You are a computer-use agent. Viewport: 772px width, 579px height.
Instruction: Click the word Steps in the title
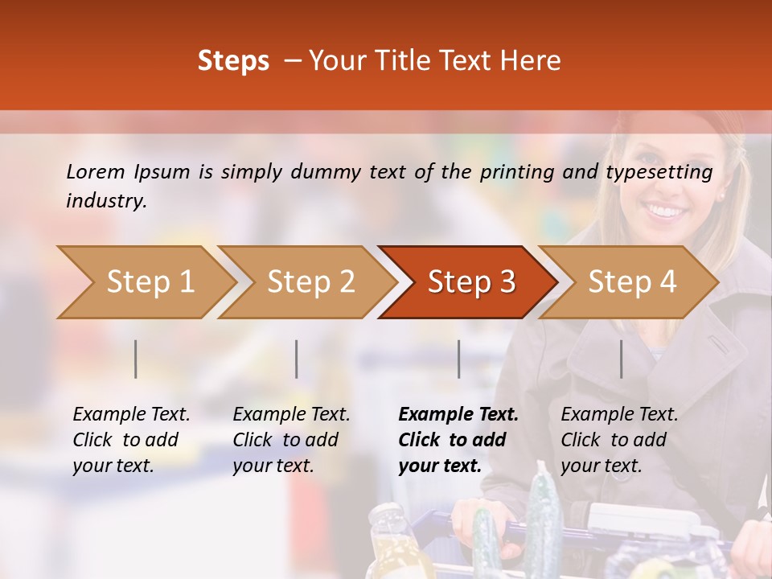pyautogui.click(x=233, y=61)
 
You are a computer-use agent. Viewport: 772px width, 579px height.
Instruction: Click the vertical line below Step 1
pyautogui.click(x=136, y=359)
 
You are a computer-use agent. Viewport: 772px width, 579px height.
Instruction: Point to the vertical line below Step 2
pyautogui.click(x=297, y=359)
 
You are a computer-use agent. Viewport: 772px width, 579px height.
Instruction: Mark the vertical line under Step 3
pyautogui.click(x=458, y=359)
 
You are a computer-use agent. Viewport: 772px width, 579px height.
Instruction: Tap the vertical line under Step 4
pyautogui.click(x=621, y=359)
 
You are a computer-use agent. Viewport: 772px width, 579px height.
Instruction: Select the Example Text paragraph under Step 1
pyautogui.click(x=131, y=440)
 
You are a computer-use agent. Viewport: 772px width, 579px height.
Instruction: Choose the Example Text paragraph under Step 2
pyautogui.click(x=291, y=440)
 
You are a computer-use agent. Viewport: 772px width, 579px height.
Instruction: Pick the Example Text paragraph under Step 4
pyautogui.click(x=619, y=440)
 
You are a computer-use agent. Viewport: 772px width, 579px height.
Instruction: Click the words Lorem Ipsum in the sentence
pyautogui.click(x=128, y=172)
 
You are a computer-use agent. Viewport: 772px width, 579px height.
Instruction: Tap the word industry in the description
pyautogui.click(x=106, y=201)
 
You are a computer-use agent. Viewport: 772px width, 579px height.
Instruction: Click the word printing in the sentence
pyautogui.click(x=516, y=172)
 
